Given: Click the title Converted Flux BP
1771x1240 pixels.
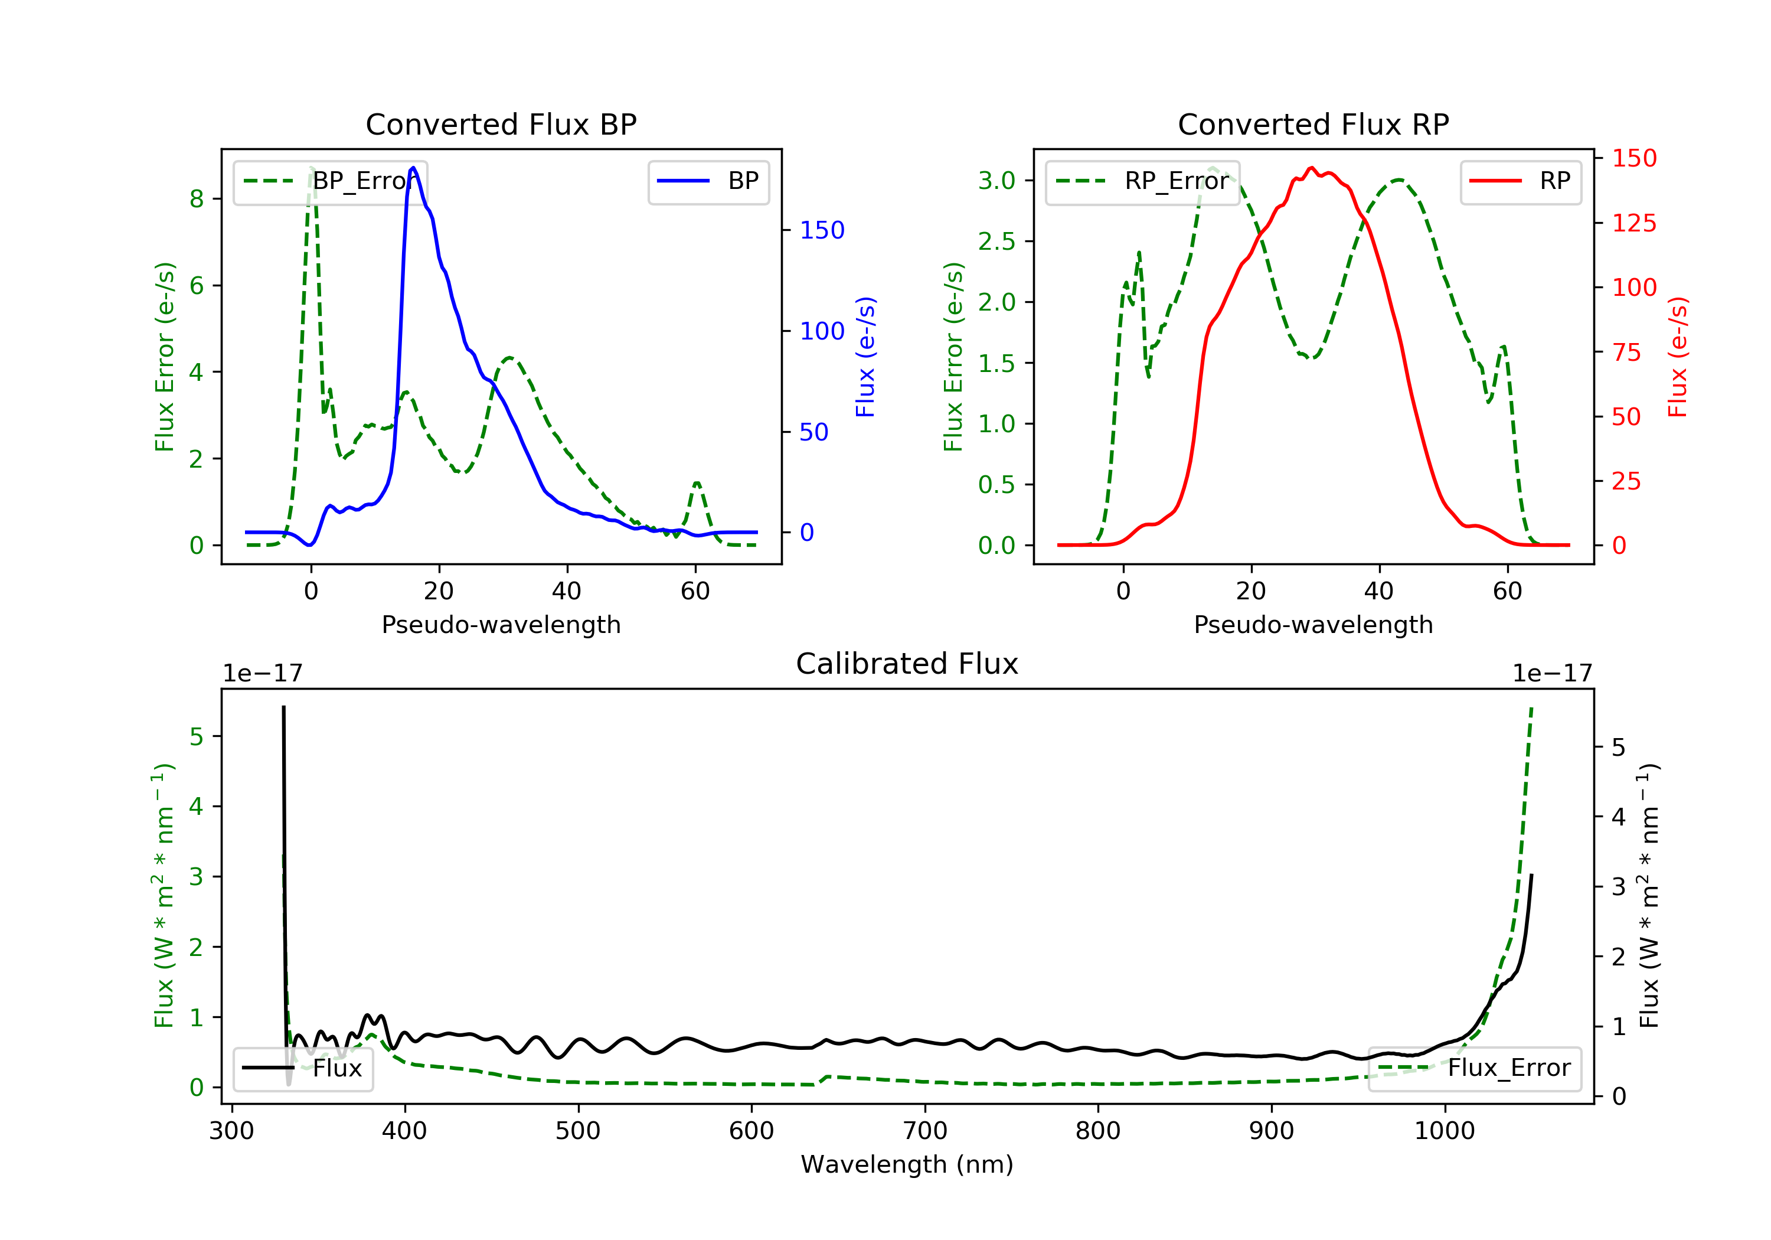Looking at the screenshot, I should (x=501, y=124).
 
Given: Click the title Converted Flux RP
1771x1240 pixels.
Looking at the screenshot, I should (x=1313, y=124).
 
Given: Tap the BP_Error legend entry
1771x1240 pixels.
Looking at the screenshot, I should (x=330, y=181).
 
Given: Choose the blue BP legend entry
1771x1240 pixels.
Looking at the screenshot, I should (x=708, y=181).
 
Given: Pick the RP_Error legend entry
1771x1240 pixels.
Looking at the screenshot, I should (x=1142, y=181).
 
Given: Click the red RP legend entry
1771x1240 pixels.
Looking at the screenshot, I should (x=1520, y=181).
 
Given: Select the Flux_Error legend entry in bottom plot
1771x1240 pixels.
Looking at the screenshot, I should (x=1474, y=1068).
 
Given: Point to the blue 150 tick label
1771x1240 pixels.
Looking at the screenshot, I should (x=822, y=230).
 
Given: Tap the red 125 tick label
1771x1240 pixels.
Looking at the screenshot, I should (x=1633, y=223).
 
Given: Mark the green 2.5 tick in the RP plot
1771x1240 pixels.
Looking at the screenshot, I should (x=996, y=242).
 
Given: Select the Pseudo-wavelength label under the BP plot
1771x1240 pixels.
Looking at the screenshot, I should (x=501, y=624).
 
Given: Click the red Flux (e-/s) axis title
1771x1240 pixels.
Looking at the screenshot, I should (x=1677, y=357).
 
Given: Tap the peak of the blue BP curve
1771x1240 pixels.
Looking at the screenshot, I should (x=413, y=168).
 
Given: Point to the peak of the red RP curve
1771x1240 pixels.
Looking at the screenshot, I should (x=1311, y=168).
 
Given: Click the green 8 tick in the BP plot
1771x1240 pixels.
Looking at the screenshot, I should (x=197, y=199).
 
